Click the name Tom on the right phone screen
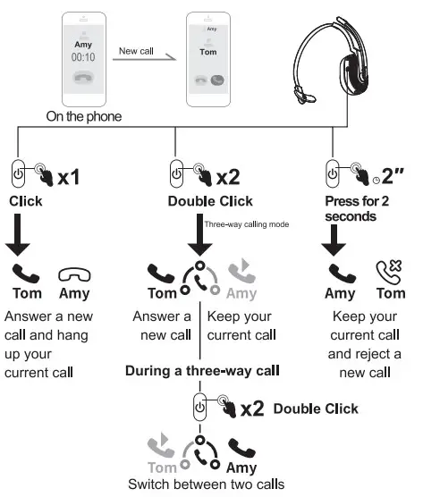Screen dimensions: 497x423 208,52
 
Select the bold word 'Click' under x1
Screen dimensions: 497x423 26,201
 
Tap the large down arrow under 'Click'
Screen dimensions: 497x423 26,236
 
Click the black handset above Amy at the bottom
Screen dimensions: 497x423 241,447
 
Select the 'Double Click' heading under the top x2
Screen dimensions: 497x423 210,201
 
